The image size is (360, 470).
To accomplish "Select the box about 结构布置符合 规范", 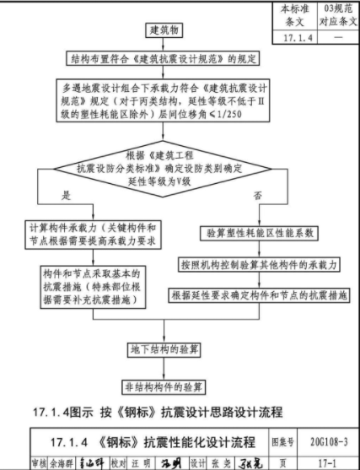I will point(155,60).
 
